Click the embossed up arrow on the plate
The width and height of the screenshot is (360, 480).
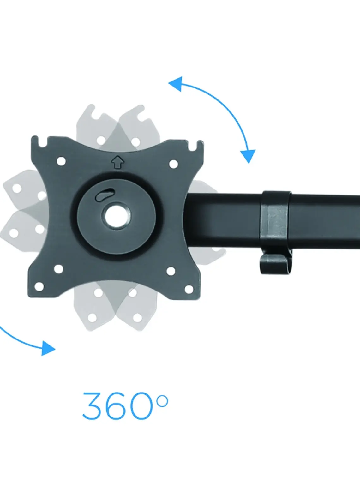pyautogui.click(x=117, y=162)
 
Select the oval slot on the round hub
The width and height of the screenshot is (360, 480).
pyautogui.click(x=105, y=195)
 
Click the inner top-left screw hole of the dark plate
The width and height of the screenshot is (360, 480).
pyautogui.click(x=61, y=161)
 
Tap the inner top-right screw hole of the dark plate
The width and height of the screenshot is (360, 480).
pyautogui.click(x=174, y=164)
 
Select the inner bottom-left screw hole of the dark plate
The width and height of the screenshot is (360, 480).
pyautogui.click(x=58, y=269)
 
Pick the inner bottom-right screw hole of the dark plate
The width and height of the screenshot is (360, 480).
pyautogui.click(x=171, y=271)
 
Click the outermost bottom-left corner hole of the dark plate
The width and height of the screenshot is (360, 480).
pyautogui.click(x=39, y=287)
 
